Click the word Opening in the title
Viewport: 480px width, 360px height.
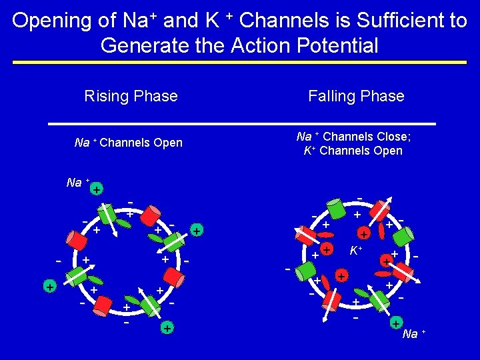(53, 21)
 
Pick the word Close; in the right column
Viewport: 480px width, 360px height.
(393, 137)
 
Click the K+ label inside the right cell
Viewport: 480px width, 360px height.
(356, 251)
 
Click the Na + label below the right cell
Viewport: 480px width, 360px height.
(414, 333)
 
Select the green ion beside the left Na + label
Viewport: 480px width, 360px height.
(97, 190)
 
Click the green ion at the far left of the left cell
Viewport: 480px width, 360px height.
(49, 286)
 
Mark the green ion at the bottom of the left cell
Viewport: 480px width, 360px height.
(167, 328)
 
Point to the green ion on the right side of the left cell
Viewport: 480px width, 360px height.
(197, 231)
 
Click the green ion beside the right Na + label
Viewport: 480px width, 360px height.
(396, 325)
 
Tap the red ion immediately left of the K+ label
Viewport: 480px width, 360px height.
(327, 249)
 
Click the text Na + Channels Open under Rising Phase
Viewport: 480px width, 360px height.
(129, 143)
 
